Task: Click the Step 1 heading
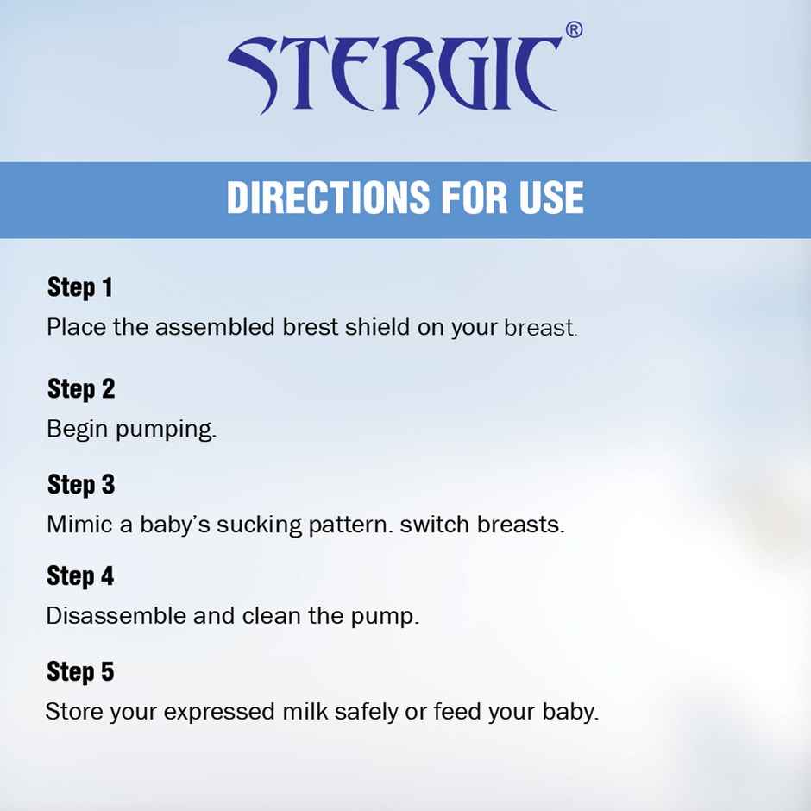coord(80,287)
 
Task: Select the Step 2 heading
coord(81,389)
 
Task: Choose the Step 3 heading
coord(81,485)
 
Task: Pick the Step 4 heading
coord(80,576)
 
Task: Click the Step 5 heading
coord(80,672)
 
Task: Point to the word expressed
coord(219,714)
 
